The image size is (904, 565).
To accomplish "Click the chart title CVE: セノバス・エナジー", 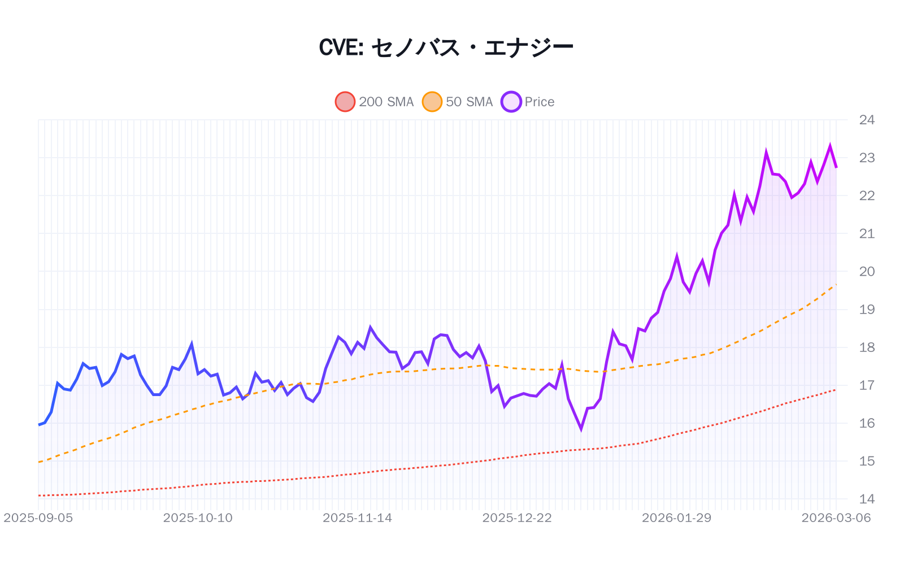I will [x=446, y=47].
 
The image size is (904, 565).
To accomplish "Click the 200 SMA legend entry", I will [x=375, y=102].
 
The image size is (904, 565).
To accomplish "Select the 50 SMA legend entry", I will [x=458, y=102].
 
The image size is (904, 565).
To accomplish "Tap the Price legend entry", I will [x=528, y=102].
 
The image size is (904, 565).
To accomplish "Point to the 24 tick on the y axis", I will [x=866, y=120].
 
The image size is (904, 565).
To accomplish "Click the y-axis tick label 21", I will [x=866, y=233].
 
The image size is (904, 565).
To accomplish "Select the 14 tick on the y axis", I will [x=866, y=499].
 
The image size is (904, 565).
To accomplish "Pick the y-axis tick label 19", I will [x=866, y=310].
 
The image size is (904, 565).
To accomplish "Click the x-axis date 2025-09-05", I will [x=38, y=518].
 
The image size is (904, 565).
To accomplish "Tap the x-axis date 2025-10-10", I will [x=198, y=518].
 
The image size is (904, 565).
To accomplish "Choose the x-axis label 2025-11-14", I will [x=357, y=518].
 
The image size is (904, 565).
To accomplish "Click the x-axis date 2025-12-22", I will [x=517, y=518].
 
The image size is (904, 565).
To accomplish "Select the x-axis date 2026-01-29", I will [x=676, y=518].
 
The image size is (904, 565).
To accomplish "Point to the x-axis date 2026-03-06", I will [x=836, y=518].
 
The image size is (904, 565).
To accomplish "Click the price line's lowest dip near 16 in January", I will [x=581, y=429].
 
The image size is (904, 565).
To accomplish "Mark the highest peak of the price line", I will [x=830, y=146].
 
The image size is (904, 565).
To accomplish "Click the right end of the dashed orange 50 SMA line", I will [x=836, y=284].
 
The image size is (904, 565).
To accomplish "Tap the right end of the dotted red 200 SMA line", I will [x=836, y=389].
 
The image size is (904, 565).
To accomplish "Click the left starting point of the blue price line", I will [x=38, y=425].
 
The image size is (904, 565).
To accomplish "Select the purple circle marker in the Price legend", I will [x=511, y=102].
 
